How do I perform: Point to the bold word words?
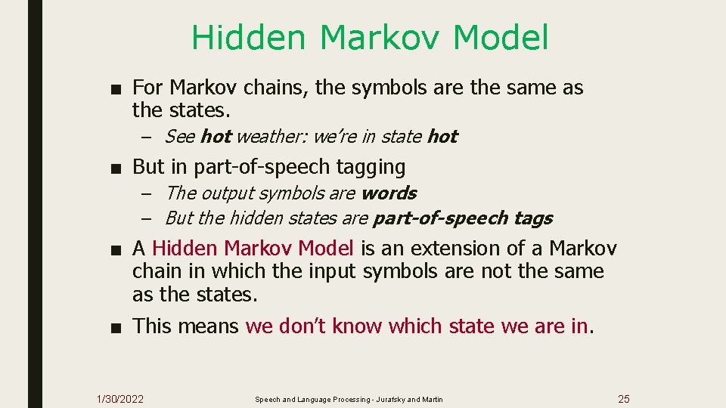click(x=389, y=193)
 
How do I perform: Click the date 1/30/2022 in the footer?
click(x=120, y=399)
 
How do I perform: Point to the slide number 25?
click(x=623, y=399)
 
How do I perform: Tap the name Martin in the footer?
click(x=433, y=399)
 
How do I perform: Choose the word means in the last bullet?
click(x=208, y=326)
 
